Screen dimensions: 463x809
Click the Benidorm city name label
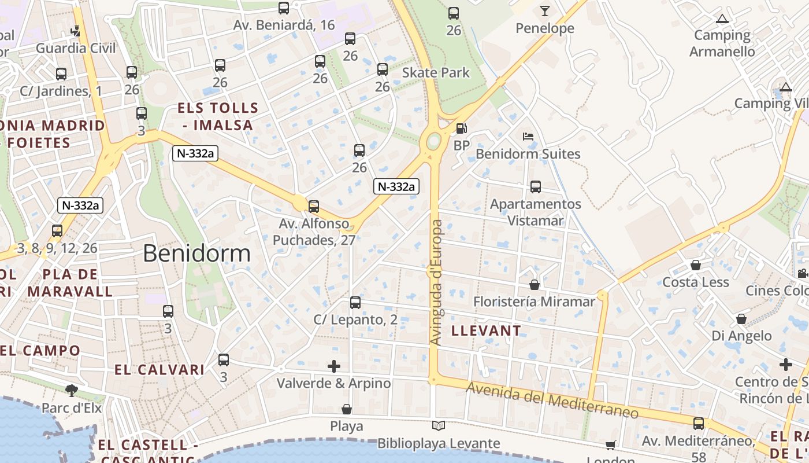coord(196,253)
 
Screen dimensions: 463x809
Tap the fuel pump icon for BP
coord(461,128)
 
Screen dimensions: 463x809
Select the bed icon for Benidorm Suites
coord(528,137)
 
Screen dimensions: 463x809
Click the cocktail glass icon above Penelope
coord(544,10)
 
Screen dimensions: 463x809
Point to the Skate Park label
coord(436,73)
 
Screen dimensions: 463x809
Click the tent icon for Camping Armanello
coord(722,19)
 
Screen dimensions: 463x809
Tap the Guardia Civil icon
coord(76,30)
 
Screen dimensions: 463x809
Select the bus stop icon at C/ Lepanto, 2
coord(355,303)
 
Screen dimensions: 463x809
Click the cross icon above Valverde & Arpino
coord(334,366)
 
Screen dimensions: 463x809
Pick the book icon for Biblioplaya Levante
coord(439,426)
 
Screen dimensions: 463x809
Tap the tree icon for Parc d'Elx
coord(72,390)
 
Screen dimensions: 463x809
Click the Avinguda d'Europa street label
coord(437,282)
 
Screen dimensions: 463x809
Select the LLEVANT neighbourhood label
coord(485,331)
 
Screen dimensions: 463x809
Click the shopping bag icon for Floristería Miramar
coord(535,285)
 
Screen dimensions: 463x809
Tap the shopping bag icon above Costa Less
coord(696,265)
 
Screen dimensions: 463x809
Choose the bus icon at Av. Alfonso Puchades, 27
coord(314,206)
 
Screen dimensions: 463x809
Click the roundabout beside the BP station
coord(433,141)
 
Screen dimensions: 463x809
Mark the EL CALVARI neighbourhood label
coord(159,370)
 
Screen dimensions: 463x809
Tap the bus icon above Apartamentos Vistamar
coord(536,187)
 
